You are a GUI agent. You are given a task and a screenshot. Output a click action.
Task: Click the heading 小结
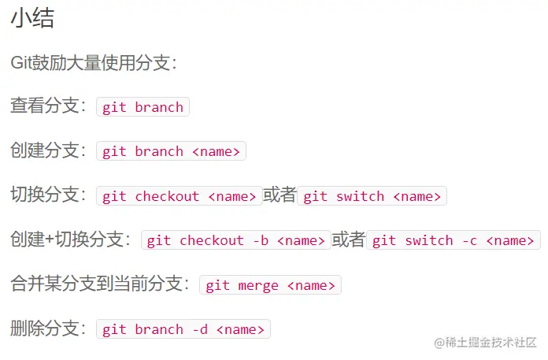click(x=31, y=19)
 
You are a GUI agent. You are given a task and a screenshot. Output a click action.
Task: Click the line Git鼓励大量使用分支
click(x=93, y=63)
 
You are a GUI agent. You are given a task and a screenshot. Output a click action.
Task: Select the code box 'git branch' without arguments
click(x=143, y=107)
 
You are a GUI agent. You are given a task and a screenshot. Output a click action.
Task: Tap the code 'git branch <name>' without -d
click(x=171, y=151)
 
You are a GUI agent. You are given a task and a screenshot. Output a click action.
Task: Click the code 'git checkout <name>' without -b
click(x=180, y=196)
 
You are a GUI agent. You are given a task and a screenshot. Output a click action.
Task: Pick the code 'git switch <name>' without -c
click(x=372, y=196)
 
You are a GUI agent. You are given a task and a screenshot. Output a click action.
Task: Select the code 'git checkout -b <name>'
click(x=235, y=240)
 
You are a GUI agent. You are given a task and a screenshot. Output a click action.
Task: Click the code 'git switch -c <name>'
click(x=454, y=240)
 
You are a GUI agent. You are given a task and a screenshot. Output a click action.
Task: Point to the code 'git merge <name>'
click(x=270, y=285)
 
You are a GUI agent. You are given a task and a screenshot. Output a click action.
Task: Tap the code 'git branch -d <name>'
click(x=183, y=329)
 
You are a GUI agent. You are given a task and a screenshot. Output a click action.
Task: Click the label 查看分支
click(x=46, y=107)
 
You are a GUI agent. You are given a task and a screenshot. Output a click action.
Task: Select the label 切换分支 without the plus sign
click(x=46, y=196)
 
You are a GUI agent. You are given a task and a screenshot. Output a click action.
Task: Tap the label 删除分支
click(x=46, y=329)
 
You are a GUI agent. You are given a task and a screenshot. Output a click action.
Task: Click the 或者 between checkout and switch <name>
click(x=280, y=196)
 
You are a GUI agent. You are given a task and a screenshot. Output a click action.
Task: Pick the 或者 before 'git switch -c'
click(x=349, y=240)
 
